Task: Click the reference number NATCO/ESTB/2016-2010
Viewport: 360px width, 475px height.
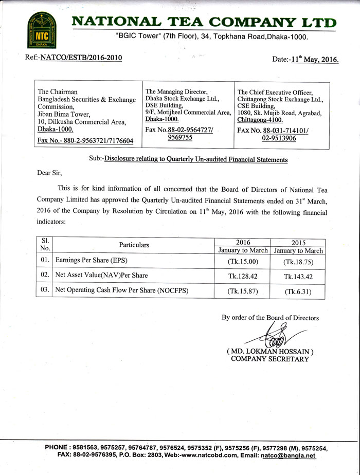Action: [x=81, y=58]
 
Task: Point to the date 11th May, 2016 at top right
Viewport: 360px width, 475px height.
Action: [x=313, y=60]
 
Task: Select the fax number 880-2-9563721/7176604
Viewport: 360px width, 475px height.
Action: [x=86, y=140]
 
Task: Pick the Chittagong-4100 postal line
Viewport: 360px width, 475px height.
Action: [x=260, y=120]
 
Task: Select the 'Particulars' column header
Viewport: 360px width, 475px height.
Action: [x=134, y=245]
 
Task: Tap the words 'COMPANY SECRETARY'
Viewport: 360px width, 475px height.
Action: [x=270, y=359]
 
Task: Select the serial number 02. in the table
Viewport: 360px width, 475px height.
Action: [x=45, y=275]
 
